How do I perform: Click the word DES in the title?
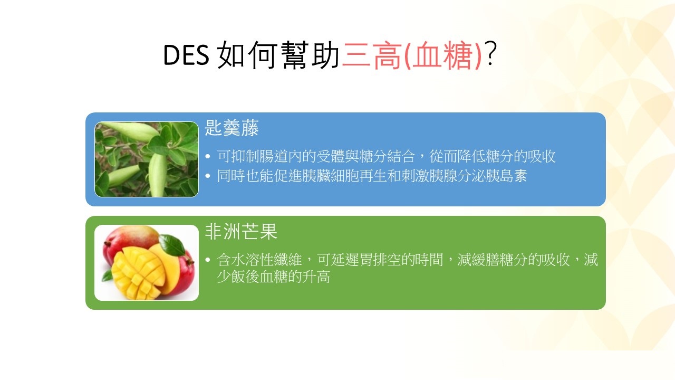click(186, 55)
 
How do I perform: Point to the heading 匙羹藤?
click(232, 128)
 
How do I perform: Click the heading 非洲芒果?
click(241, 231)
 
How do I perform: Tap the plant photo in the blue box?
click(147, 159)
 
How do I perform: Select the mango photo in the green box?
click(147, 263)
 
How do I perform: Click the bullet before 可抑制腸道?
click(208, 156)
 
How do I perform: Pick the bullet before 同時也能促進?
click(208, 176)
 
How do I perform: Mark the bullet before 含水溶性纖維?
click(208, 260)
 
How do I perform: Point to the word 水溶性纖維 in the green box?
click(266, 260)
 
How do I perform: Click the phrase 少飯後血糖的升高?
click(274, 277)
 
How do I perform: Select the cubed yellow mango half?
click(138, 273)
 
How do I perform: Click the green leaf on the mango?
click(171, 244)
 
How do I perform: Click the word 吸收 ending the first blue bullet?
click(541, 156)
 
